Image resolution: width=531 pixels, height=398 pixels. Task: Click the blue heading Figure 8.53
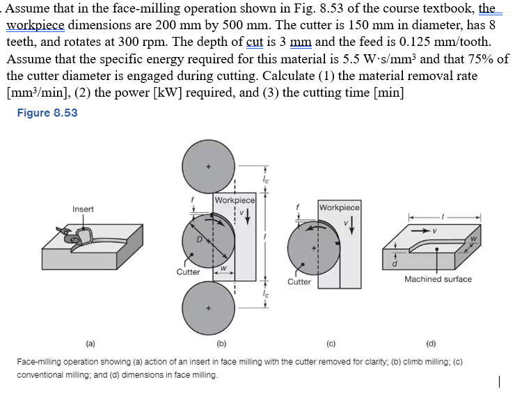click(x=47, y=113)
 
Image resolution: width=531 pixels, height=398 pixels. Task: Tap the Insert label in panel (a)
click(x=84, y=209)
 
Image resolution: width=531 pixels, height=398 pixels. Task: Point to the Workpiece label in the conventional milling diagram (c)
click(x=339, y=207)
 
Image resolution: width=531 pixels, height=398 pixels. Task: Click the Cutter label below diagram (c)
click(x=299, y=282)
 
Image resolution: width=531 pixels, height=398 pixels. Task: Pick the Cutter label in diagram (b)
click(x=188, y=272)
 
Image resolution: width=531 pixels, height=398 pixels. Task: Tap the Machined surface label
click(x=438, y=279)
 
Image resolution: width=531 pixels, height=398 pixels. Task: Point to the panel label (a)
click(x=90, y=344)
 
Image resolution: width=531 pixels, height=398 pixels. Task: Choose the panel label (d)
click(x=431, y=344)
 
